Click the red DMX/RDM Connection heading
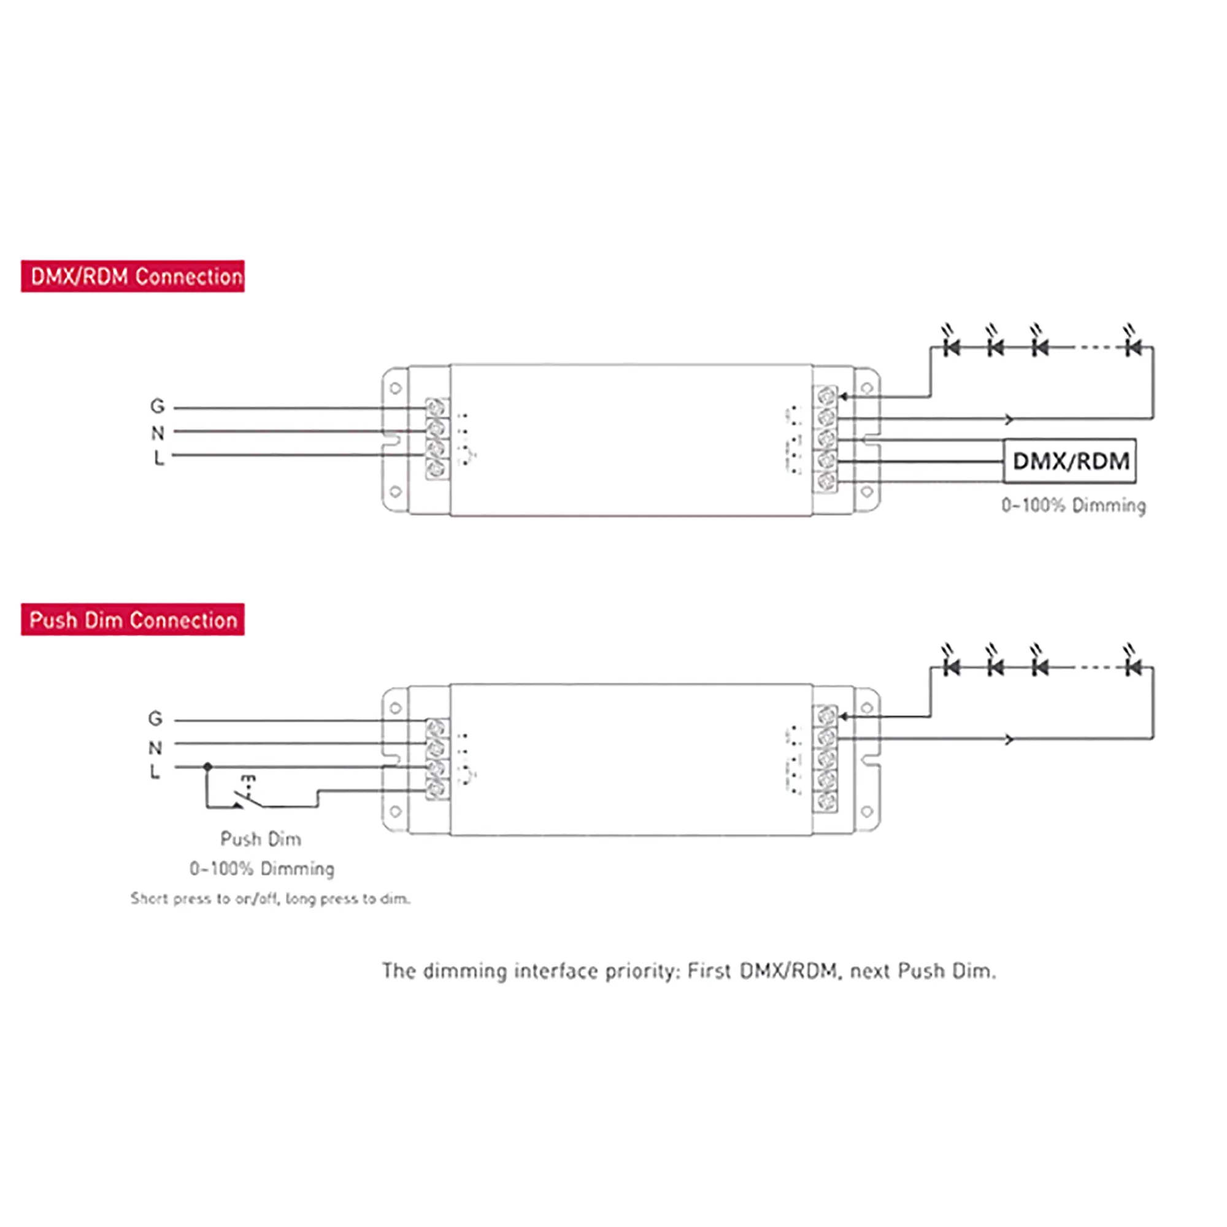click(132, 276)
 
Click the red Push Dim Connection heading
click(132, 619)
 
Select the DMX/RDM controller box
click(1069, 461)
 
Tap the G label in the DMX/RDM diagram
click(157, 406)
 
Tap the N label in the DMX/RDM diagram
click(157, 433)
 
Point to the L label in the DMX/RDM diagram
click(158, 457)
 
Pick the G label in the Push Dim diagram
click(155, 718)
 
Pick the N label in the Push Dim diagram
click(155, 747)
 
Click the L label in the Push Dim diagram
click(155, 772)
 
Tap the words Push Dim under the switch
click(260, 839)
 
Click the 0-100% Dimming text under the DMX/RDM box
click(1073, 506)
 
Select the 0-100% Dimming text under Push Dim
click(262, 868)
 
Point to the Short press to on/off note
click(270, 899)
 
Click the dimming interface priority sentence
click(688, 971)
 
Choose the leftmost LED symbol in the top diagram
click(951, 347)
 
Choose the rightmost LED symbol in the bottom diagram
click(1133, 667)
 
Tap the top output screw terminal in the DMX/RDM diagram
click(826, 396)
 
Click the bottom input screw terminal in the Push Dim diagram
click(436, 790)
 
